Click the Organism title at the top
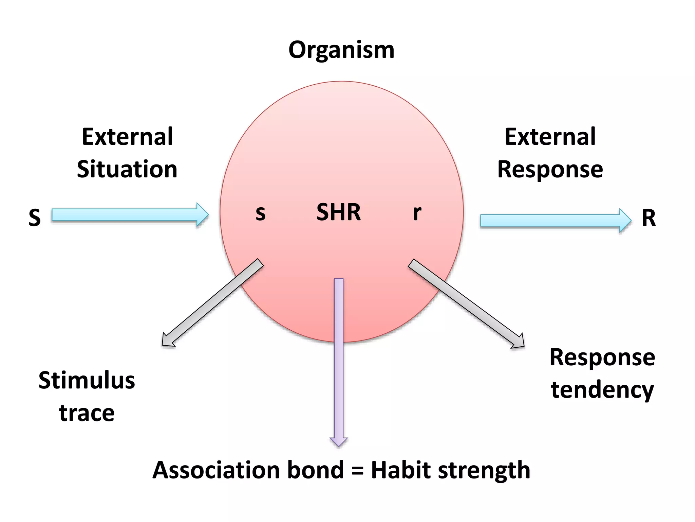341,50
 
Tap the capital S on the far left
35,217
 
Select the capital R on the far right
649,218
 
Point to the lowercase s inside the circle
260,213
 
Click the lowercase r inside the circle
417,213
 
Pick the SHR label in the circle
338,212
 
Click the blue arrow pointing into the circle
129,215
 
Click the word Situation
127,169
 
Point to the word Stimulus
87,380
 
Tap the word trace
87,413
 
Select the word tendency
602,390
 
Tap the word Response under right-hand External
550,169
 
